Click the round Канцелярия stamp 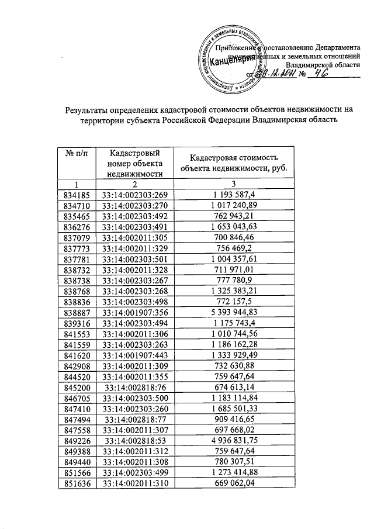(230, 57)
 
